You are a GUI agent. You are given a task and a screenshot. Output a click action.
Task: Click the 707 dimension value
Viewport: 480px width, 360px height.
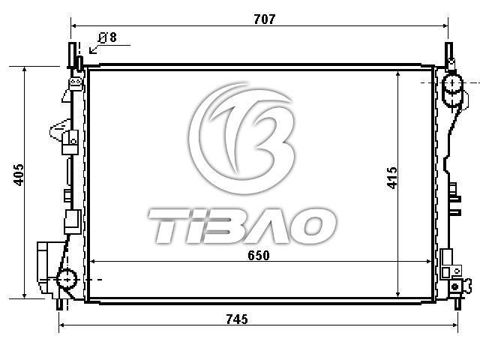pyautogui.click(x=265, y=19)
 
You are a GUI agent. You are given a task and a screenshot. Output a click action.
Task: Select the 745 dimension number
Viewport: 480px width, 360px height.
pyautogui.click(x=237, y=319)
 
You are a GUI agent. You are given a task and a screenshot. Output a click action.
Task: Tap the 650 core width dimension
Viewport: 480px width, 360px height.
pyautogui.click(x=259, y=255)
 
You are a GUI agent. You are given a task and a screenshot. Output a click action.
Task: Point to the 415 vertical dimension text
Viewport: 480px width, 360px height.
pyautogui.click(x=392, y=178)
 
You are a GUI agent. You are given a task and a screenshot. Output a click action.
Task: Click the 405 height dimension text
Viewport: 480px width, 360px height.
pyautogui.click(x=19, y=175)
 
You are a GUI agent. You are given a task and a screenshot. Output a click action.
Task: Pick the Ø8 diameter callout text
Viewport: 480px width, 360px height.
pyautogui.click(x=107, y=37)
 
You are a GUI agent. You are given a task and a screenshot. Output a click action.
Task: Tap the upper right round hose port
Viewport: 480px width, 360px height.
pyautogui.click(x=452, y=83)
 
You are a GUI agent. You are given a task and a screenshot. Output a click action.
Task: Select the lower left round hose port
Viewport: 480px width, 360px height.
pyautogui.click(x=67, y=279)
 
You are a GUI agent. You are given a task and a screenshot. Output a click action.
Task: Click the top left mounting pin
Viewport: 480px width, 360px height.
pyautogui.click(x=72, y=55)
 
